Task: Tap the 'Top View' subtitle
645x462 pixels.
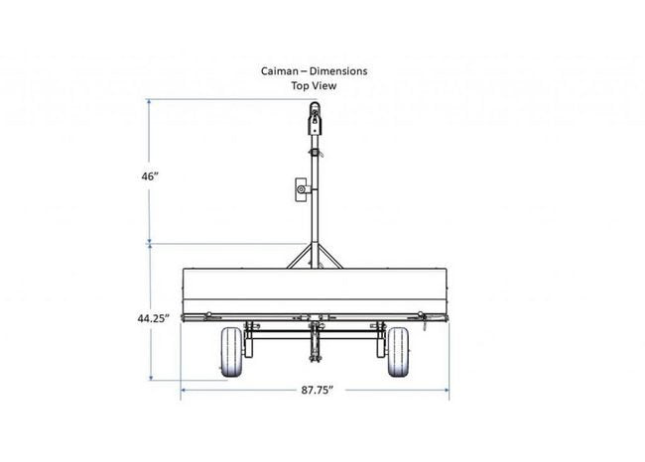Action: pyautogui.click(x=315, y=86)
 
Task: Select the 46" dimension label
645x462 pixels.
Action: pyautogui.click(x=150, y=175)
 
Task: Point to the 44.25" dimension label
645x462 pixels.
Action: pyautogui.click(x=154, y=318)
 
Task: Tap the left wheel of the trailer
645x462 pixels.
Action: pyautogui.click(x=231, y=353)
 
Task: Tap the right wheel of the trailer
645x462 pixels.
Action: pyautogui.click(x=400, y=353)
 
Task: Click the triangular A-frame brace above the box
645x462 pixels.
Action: pyautogui.click(x=315, y=256)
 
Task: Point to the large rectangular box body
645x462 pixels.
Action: pyautogui.click(x=315, y=291)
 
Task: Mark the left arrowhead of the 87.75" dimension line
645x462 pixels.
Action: pyautogui.click(x=184, y=390)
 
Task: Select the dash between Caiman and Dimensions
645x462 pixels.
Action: pyautogui.click(x=307, y=71)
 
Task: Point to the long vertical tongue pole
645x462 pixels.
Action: pyautogui.click(x=316, y=198)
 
